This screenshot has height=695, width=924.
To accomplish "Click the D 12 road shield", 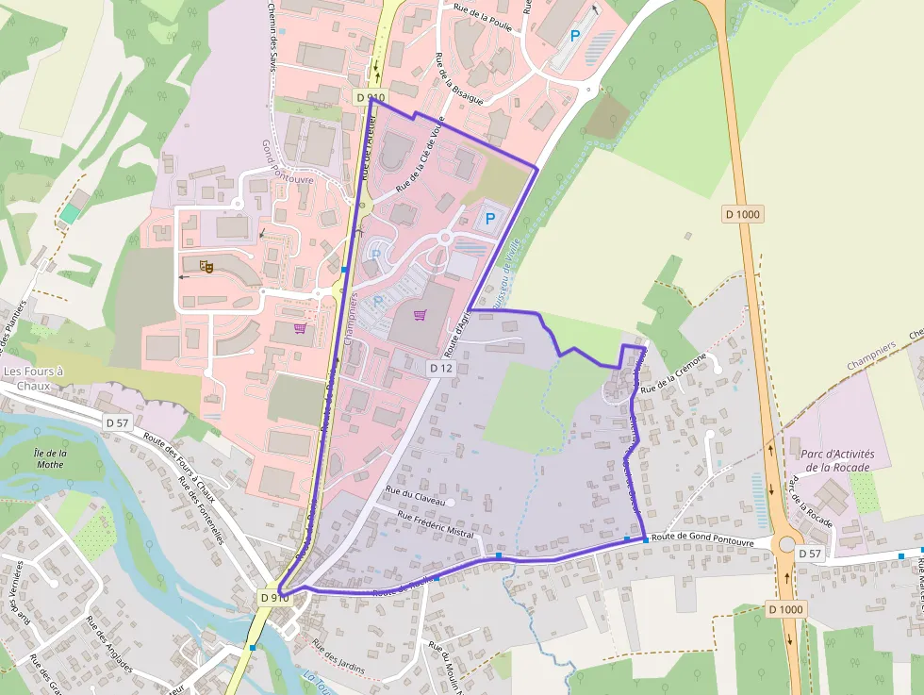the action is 441,368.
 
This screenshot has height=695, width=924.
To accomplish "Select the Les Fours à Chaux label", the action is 33,378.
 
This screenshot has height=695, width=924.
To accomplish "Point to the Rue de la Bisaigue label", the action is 459,77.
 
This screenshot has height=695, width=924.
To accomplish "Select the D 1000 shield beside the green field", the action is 743,214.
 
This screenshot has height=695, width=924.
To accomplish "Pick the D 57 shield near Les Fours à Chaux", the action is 117,422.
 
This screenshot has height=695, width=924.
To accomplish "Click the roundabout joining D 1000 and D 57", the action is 785,546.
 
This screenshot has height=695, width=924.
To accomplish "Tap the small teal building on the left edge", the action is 69,214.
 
